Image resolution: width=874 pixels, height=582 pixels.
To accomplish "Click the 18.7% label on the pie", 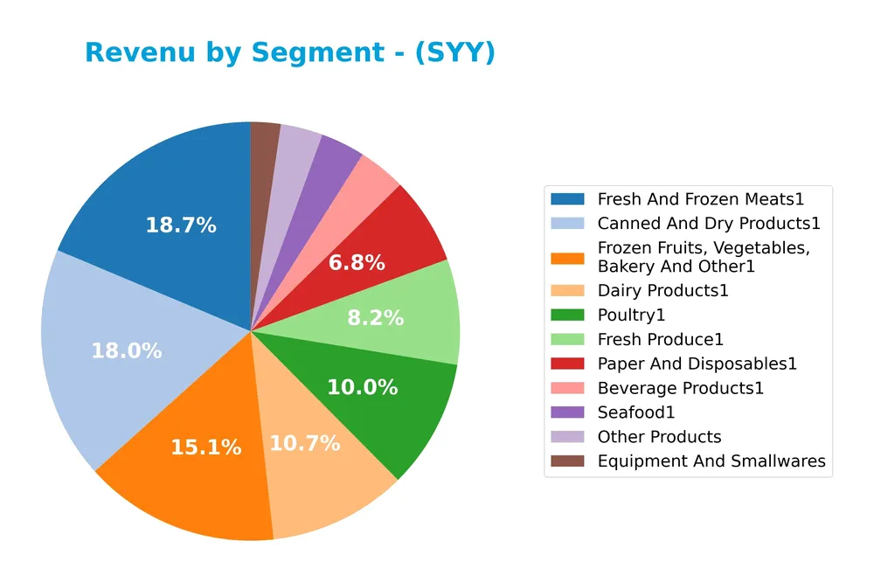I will pos(180,225).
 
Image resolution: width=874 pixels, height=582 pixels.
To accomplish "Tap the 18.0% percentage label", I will pos(127,351).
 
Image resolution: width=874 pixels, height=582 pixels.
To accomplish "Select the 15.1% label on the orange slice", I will pos(206,447).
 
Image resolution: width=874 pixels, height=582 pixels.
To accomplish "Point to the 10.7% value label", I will pos(304,443).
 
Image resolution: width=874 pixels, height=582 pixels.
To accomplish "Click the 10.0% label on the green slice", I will pos(362,387).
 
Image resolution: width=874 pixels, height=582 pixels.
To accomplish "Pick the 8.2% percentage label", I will pos(375,318).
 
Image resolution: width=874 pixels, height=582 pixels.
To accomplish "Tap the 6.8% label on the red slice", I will pos(357,263).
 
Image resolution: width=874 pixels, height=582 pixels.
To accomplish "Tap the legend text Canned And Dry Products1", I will pos(709,224).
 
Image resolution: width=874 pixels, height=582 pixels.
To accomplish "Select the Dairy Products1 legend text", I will pos(662,290).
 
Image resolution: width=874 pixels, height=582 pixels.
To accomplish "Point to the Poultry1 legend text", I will pos(631,315).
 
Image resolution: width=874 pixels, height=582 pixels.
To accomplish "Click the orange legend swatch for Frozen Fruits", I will pos(567,257).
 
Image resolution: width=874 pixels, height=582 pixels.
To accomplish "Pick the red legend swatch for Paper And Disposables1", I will pos(567,364).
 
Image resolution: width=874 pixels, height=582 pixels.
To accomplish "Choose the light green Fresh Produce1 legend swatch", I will pos(567,339).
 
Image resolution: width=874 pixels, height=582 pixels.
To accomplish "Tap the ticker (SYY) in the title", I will pos(454,53).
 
